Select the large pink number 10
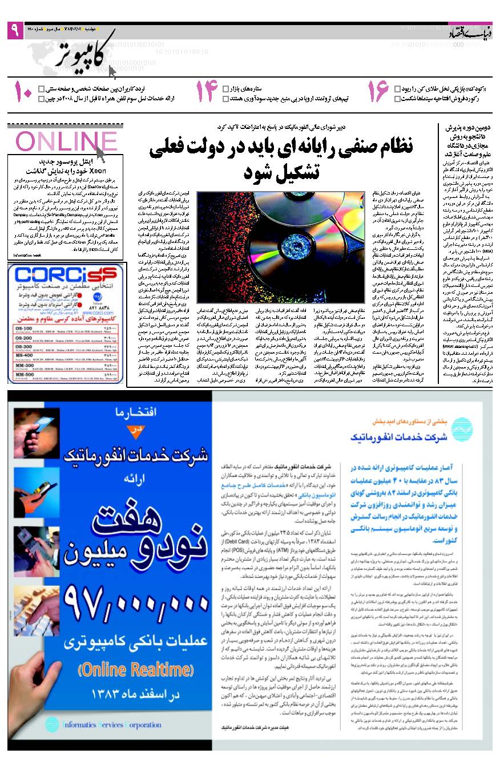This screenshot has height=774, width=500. [x=23, y=92]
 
